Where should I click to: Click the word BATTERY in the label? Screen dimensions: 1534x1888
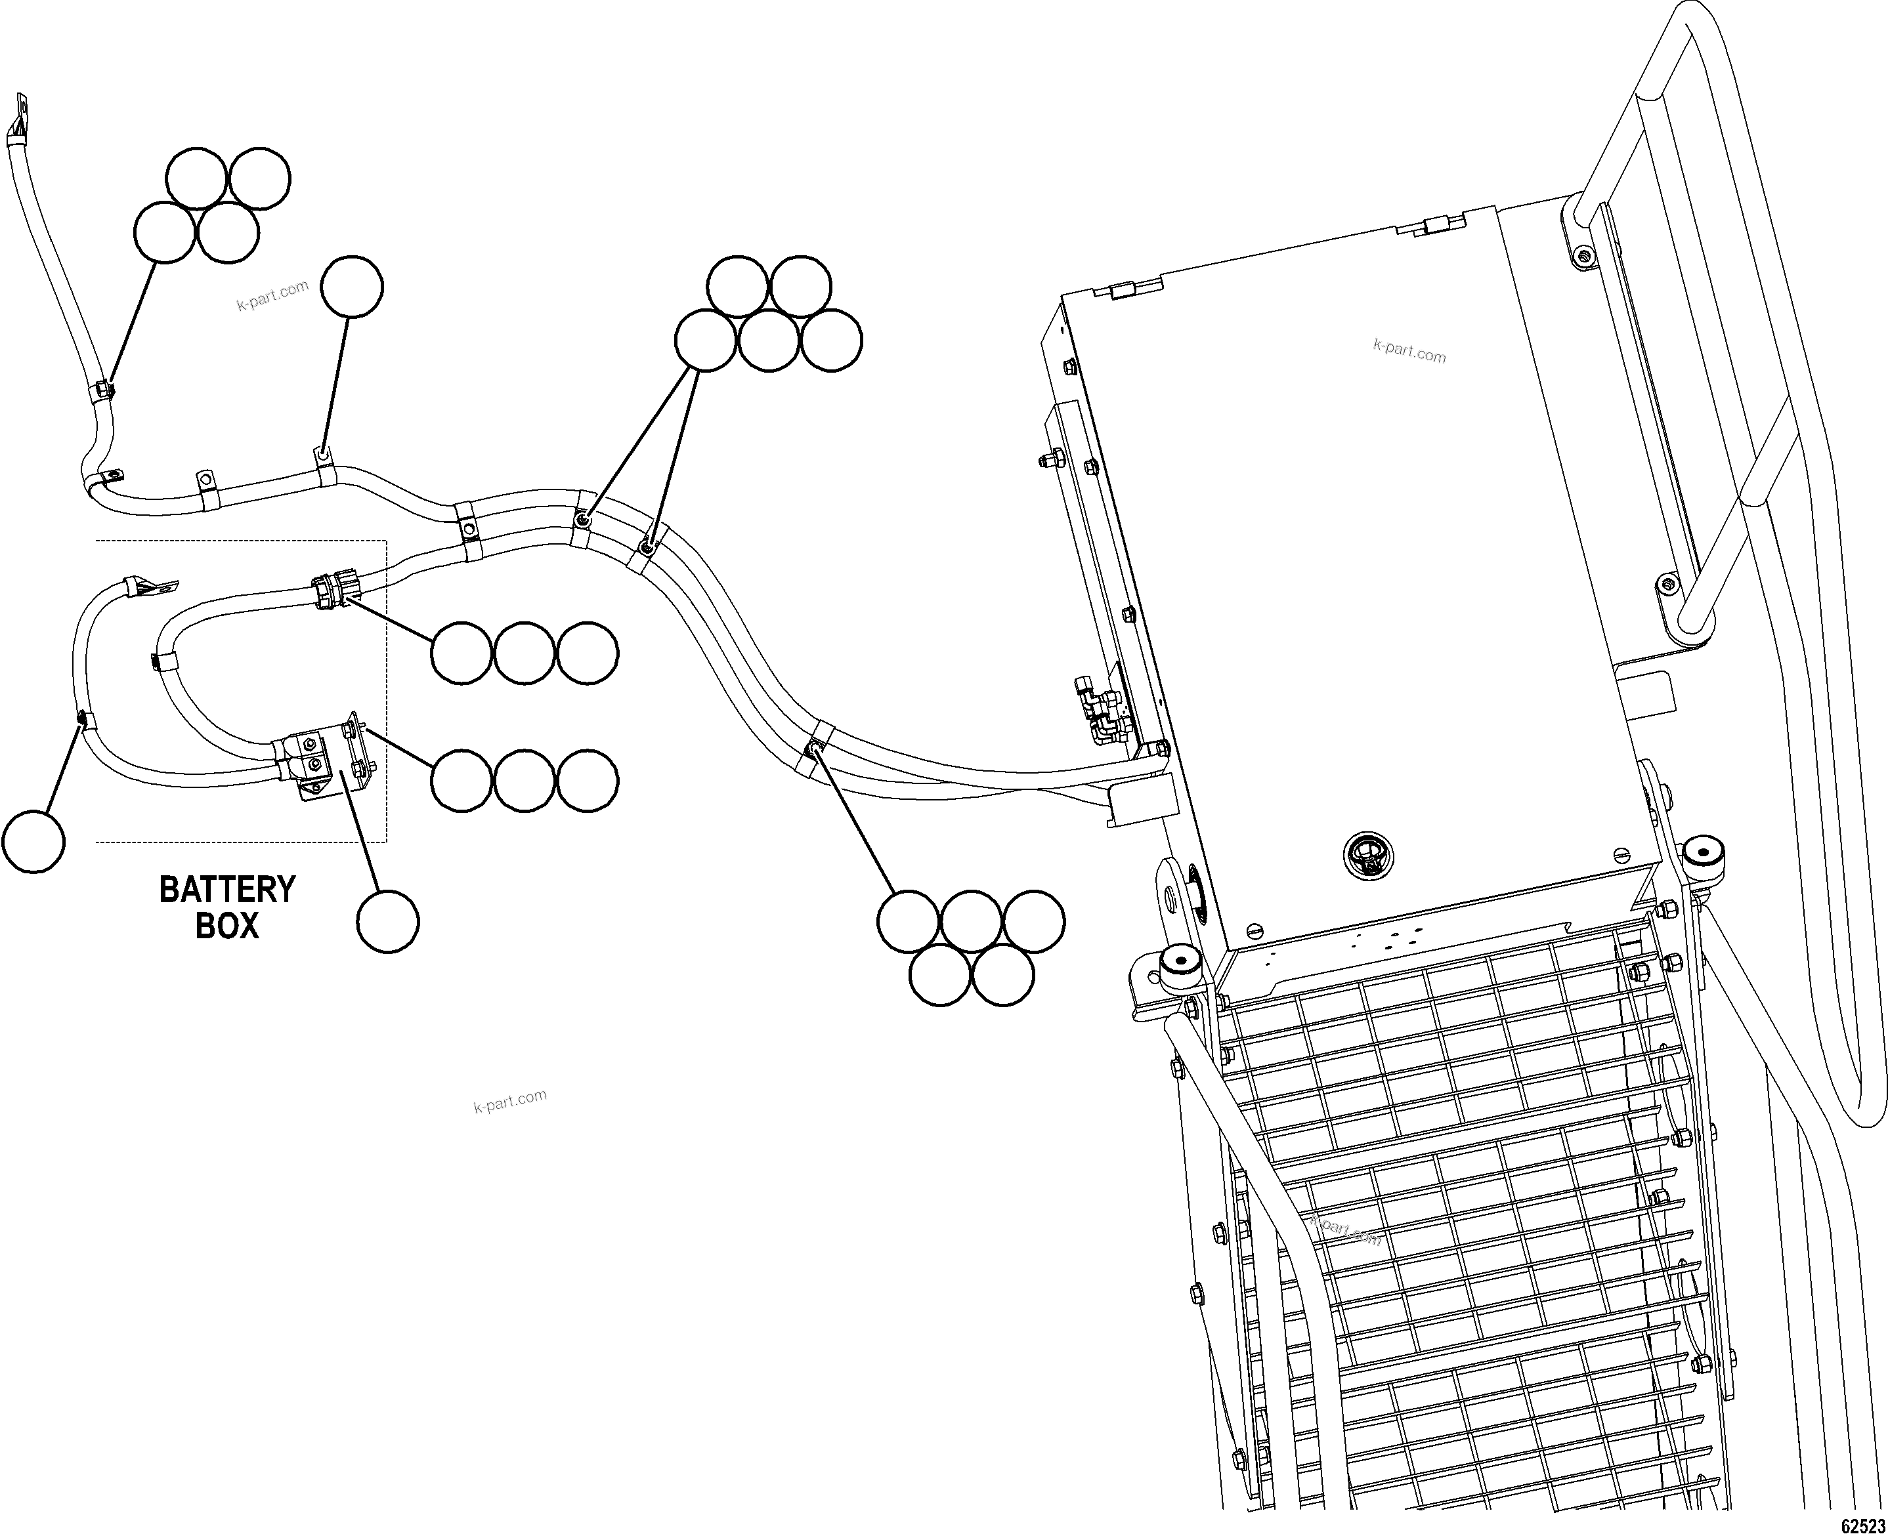click(227, 890)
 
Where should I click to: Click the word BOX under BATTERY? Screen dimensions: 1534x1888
click(227, 926)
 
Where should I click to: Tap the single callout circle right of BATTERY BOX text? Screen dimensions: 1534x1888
click(388, 922)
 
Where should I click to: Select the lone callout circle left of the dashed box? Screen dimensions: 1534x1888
click(33, 842)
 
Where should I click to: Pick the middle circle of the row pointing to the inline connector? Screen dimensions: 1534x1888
click(524, 653)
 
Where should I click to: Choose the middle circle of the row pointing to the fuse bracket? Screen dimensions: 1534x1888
click(524, 781)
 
